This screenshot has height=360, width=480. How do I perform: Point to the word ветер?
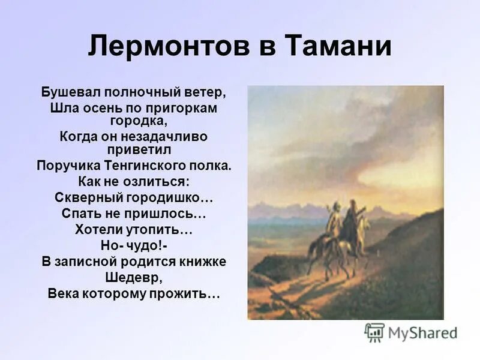point(207,94)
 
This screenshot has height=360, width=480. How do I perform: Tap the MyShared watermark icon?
point(374,332)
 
